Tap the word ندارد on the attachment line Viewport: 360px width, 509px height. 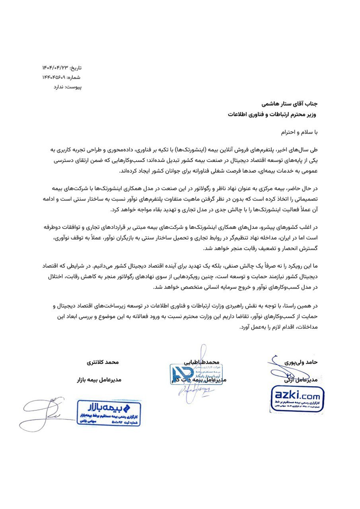[51, 86]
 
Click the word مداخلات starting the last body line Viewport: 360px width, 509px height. [306, 328]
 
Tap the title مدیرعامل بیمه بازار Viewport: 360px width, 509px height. [99, 380]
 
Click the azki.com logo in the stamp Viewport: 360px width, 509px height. [296, 395]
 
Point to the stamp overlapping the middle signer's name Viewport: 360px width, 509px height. [189, 374]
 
